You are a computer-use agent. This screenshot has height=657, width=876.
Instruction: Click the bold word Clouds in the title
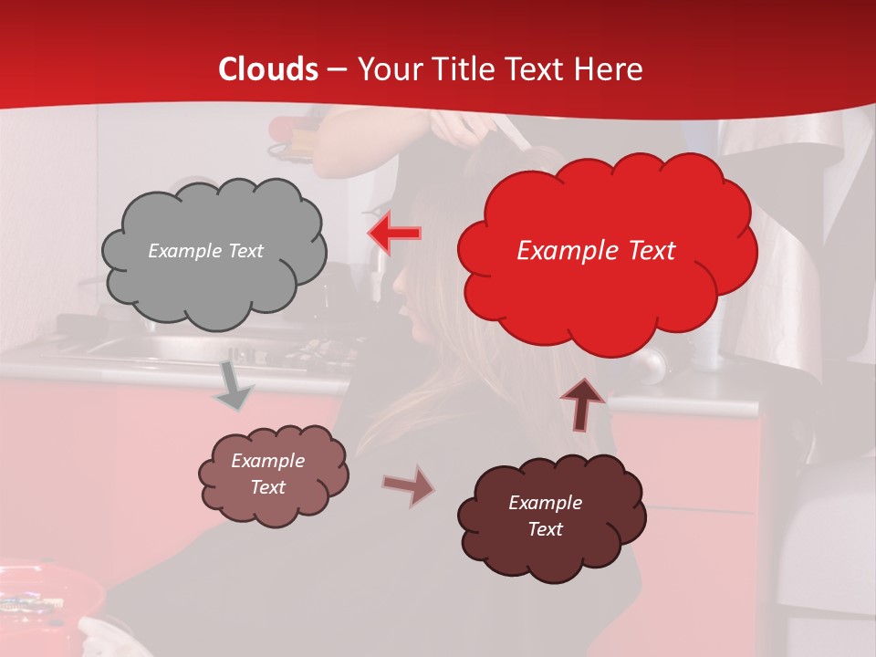coord(268,69)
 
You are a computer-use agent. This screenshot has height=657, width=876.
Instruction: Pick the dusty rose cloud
coord(273,474)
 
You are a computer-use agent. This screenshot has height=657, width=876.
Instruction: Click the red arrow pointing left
coord(394,234)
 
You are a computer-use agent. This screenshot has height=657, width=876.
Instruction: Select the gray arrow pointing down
coord(233,386)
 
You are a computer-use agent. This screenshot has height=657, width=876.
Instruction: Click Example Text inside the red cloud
coord(596,251)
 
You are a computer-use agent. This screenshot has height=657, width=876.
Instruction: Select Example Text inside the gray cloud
coord(205,251)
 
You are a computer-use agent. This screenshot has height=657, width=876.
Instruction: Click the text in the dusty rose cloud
coord(267,474)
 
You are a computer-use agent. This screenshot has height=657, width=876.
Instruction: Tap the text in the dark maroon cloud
coord(545,516)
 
